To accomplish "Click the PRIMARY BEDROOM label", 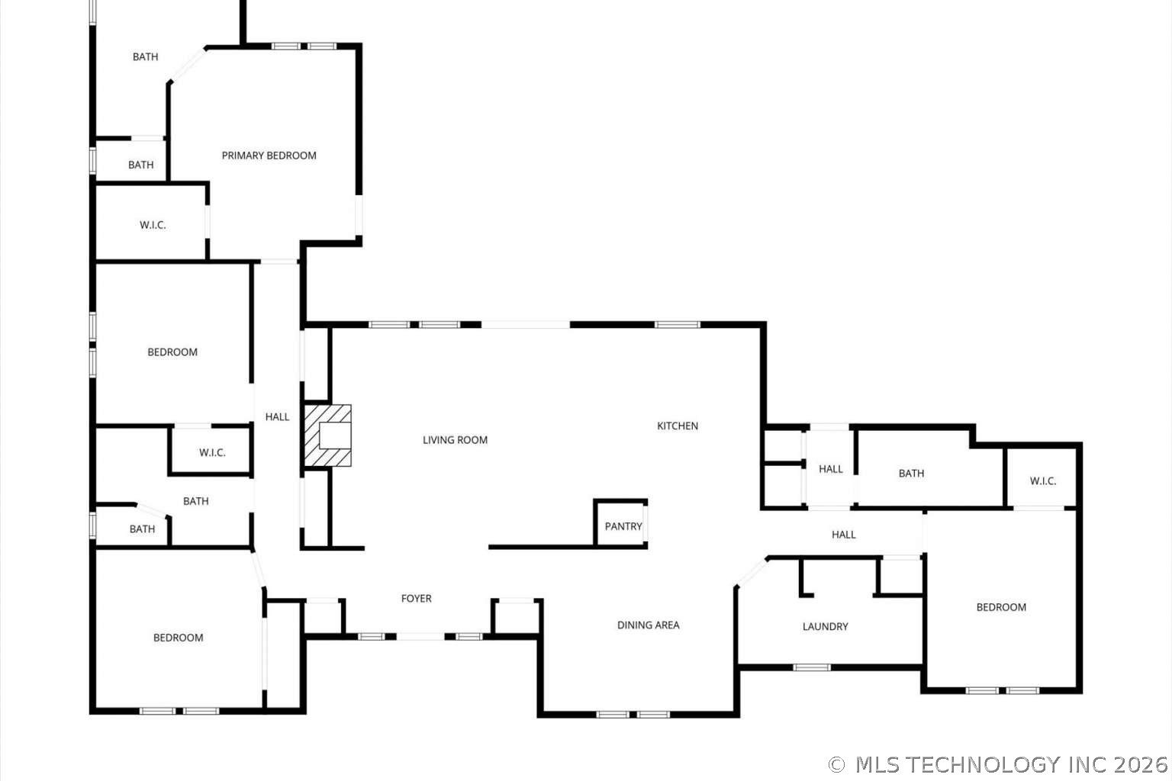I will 269,156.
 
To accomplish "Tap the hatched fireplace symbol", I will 328,435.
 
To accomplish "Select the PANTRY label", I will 623,526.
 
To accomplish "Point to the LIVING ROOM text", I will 455,440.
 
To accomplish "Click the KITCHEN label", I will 678,426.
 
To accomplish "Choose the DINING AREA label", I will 648,625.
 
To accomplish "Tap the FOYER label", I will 416,599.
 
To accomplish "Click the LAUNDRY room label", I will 825,627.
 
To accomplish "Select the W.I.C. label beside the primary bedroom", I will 153,225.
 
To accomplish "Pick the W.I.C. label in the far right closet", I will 1042,481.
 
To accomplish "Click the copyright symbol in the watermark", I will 836,764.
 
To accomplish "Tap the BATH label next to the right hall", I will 911,474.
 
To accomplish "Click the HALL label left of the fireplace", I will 277,417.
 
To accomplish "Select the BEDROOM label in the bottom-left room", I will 178,638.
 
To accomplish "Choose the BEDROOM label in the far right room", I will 1001,608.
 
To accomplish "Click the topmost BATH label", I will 145,57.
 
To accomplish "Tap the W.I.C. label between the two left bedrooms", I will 212,453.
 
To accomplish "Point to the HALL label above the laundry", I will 843,535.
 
